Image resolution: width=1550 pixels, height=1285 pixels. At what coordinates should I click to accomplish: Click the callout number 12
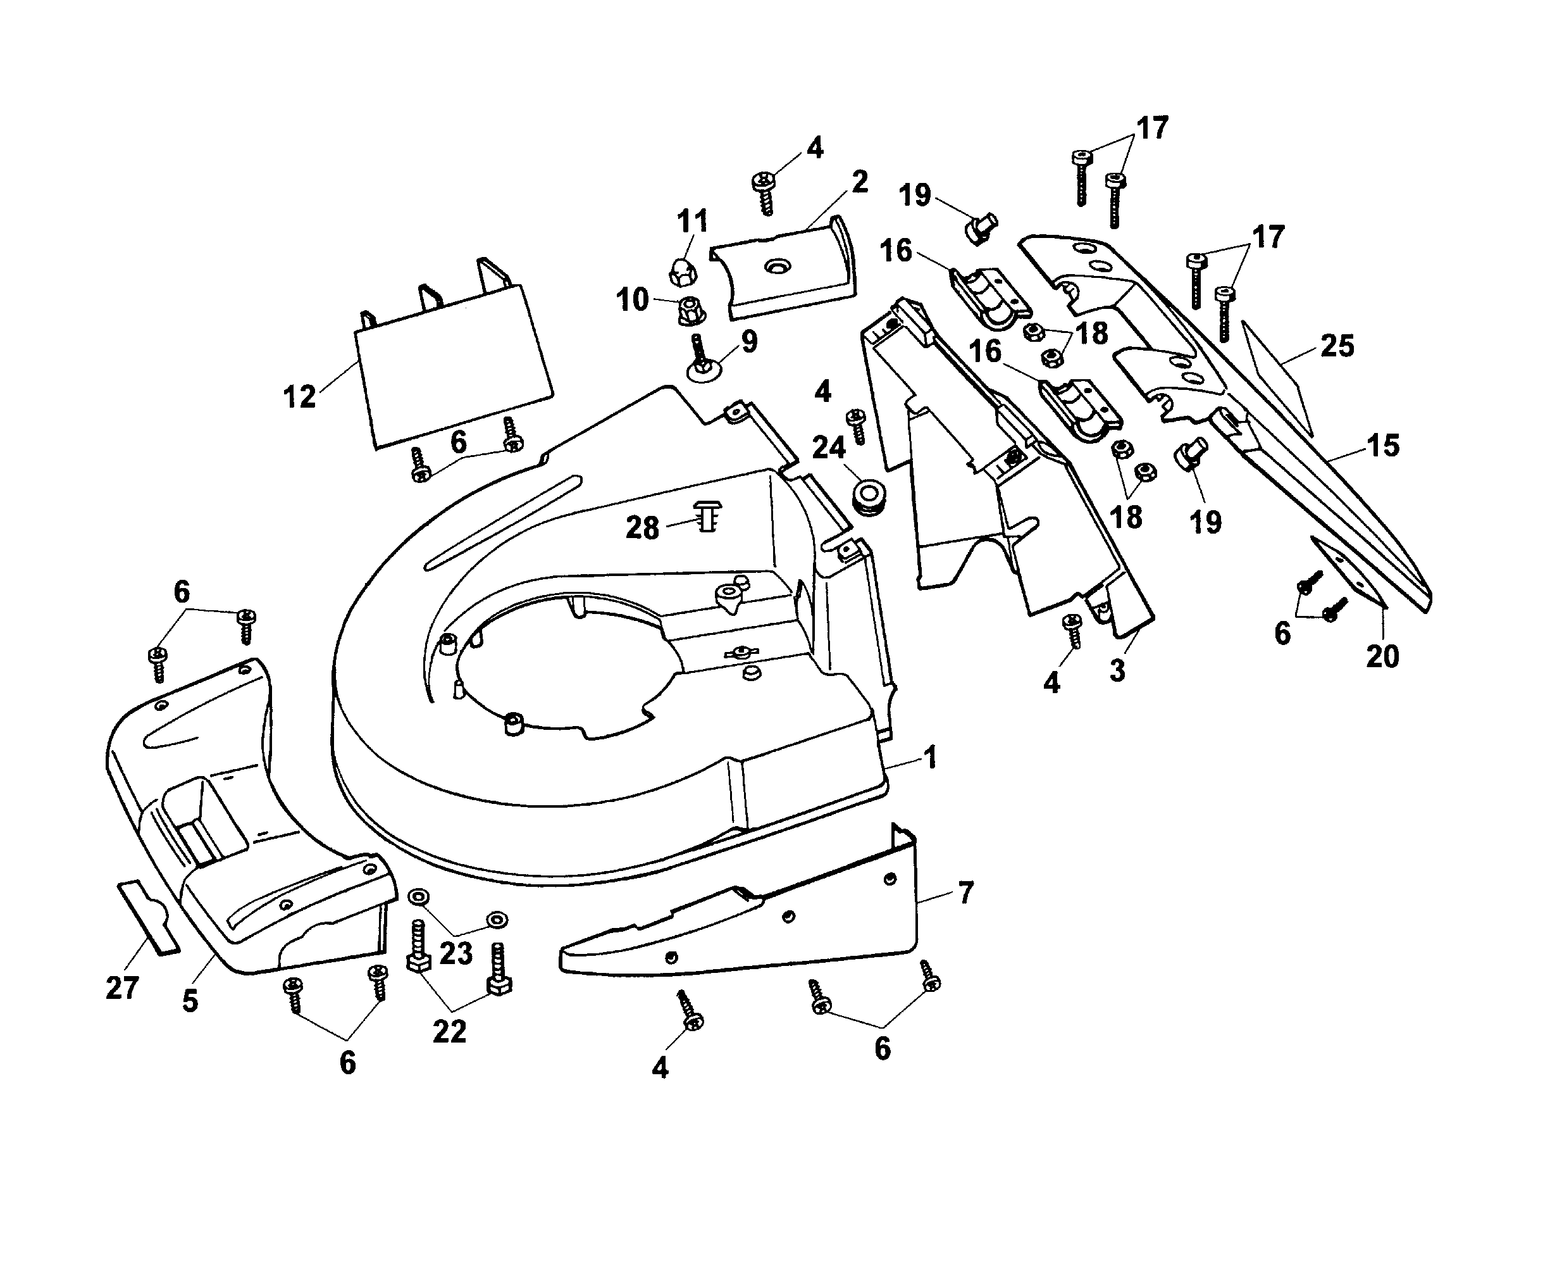click(x=299, y=398)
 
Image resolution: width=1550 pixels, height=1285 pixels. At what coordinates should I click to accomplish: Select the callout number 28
click(x=642, y=528)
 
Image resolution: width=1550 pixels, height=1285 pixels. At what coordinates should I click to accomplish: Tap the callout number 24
click(x=828, y=448)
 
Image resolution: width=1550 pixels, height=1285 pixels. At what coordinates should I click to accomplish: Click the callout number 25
click(x=1337, y=346)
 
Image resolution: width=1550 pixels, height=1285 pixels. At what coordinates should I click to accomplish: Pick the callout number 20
click(x=1382, y=656)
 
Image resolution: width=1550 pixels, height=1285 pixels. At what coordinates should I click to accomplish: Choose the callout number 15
click(x=1382, y=446)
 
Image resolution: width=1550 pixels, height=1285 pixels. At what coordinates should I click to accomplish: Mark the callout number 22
click(x=449, y=1032)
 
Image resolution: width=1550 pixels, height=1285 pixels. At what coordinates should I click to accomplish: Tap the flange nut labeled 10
click(x=691, y=310)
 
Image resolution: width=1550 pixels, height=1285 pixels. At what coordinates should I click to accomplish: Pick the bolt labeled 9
click(x=700, y=359)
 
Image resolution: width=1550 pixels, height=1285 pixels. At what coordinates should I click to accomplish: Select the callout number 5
click(x=190, y=1001)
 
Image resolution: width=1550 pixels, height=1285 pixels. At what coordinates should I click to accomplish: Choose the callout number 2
click(x=859, y=182)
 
